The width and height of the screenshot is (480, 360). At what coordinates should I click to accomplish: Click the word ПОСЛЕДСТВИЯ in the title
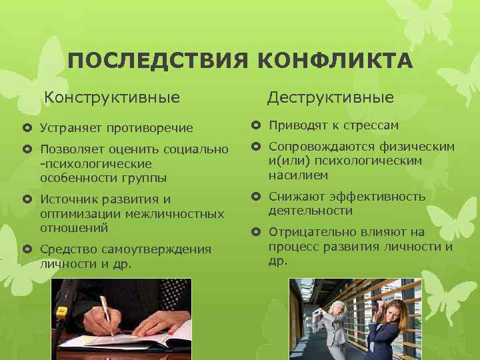point(157,63)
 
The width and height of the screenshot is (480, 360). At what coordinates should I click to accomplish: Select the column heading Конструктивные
point(112,98)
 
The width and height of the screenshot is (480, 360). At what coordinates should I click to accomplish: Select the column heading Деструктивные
point(331,98)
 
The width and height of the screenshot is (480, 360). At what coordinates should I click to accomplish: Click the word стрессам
point(368,125)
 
